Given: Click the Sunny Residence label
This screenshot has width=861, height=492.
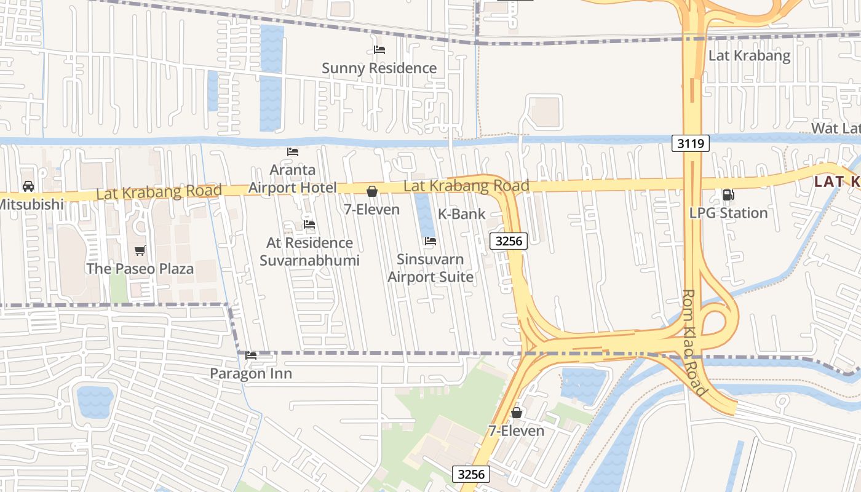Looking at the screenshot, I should pyautogui.click(x=379, y=68).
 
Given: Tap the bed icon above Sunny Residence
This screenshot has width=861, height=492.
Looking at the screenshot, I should pyautogui.click(x=379, y=50).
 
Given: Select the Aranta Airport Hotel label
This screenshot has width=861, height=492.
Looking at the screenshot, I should pyautogui.click(x=293, y=179).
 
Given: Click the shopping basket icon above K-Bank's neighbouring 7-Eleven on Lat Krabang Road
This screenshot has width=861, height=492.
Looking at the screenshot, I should pyautogui.click(x=372, y=191).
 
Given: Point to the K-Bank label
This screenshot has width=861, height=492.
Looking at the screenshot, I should pyautogui.click(x=461, y=214).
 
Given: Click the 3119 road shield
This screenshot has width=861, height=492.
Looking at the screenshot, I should pyautogui.click(x=690, y=144).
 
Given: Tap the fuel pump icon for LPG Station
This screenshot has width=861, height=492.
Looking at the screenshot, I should pyautogui.click(x=728, y=195).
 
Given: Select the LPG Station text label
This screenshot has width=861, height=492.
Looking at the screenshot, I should pyautogui.click(x=728, y=213).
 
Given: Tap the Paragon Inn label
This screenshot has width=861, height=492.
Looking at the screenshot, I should pyautogui.click(x=251, y=373).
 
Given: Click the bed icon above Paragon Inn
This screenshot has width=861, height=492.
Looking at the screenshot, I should pyautogui.click(x=251, y=355).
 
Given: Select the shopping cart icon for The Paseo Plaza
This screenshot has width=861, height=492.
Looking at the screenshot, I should pyautogui.click(x=140, y=250).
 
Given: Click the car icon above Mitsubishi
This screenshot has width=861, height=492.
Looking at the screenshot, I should pyautogui.click(x=28, y=186).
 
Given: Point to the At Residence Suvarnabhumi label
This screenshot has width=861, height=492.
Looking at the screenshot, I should pyautogui.click(x=309, y=252).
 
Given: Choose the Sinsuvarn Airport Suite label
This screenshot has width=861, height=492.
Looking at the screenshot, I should pyautogui.click(x=430, y=268).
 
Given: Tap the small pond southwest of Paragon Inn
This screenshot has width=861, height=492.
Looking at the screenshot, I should pyautogui.click(x=95, y=402).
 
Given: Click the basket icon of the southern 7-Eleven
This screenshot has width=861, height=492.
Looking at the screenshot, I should pyautogui.click(x=517, y=413).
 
